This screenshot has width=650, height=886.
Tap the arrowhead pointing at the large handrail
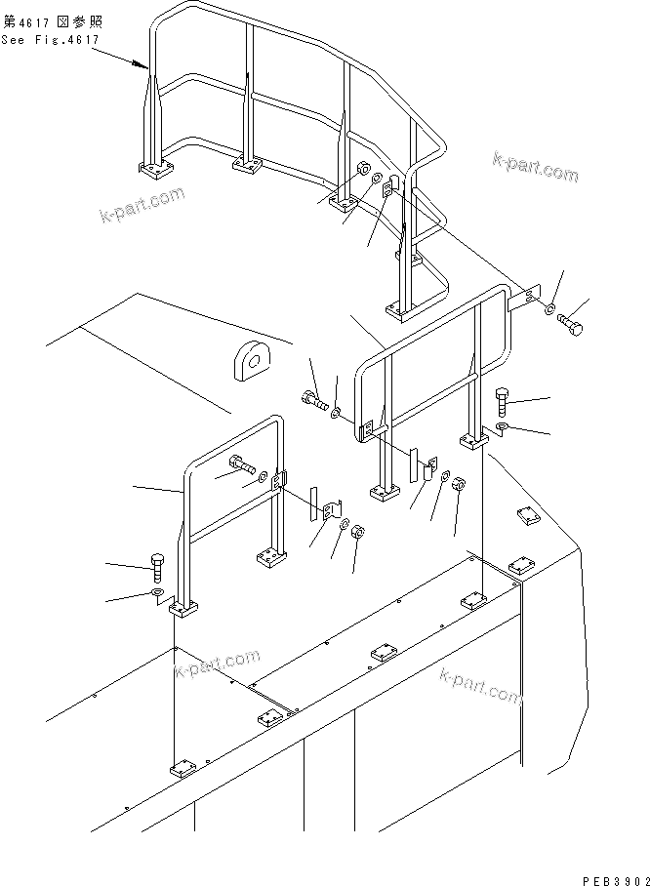[145, 67]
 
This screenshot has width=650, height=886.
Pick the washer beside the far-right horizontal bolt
[549, 311]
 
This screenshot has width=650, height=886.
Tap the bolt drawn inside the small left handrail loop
[240, 464]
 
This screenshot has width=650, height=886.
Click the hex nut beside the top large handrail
[360, 167]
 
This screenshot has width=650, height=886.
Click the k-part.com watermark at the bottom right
[480, 685]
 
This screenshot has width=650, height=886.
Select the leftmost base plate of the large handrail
[152, 171]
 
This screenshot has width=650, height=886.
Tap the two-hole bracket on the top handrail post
[388, 186]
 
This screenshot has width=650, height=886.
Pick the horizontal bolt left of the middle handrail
[313, 399]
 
